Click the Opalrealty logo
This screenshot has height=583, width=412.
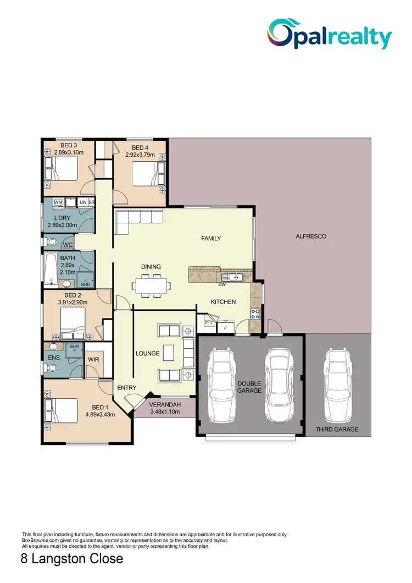click(x=330, y=34)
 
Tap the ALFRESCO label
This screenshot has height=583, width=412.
click(x=311, y=237)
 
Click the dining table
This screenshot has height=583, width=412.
click(x=151, y=285)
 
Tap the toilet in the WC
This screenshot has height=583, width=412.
click(x=51, y=242)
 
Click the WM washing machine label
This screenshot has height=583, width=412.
click(x=59, y=203)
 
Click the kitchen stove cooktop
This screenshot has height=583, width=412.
click(x=255, y=314)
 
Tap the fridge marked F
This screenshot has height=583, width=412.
click(x=224, y=328)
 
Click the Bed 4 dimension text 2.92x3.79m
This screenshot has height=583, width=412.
click(x=140, y=155)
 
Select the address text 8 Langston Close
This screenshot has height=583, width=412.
click(x=71, y=560)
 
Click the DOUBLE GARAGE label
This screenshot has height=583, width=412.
click(x=249, y=387)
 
